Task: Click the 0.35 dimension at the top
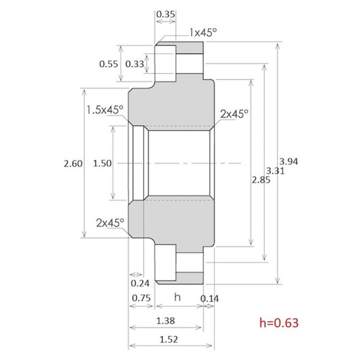pyautogui.click(x=165, y=13)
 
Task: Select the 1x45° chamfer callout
pyautogui.click(x=203, y=32)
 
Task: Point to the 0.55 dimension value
pyautogui.click(x=108, y=63)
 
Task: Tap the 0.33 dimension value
pyautogui.click(x=135, y=63)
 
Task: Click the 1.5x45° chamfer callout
pyautogui.click(x=104, y=110)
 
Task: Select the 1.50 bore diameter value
pyautogui.click(x=103, y=163)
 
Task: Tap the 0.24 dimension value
pyautogui.click(x=140, y=283)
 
